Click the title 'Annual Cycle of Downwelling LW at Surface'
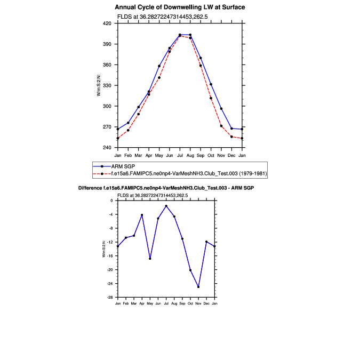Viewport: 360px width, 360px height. coord(180,7)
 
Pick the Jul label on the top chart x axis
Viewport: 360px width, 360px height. coord(180,155)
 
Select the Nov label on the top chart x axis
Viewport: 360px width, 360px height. coord(221,155)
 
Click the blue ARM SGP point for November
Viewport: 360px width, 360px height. coord(221,109)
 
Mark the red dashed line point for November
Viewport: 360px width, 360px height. coord(221,126)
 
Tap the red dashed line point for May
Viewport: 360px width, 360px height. coord(159,78)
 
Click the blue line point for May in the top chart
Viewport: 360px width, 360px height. coord(159,66)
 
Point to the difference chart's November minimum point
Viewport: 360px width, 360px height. coord(198,287)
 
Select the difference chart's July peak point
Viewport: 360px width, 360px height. coord(166,206)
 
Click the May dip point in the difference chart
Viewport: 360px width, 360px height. coord(150,259)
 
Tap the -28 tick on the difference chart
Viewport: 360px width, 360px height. coord(112,297)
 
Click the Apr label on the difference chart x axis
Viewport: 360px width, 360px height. coord(142,303)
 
